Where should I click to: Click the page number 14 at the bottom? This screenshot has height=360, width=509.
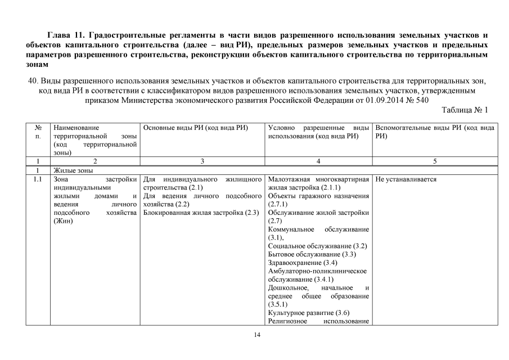coord(257,335)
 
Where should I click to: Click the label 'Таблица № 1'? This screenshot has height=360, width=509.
coord(465,110)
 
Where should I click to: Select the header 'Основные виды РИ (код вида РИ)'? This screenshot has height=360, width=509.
coord(196,128)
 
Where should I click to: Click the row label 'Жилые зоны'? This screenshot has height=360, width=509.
coord(73,170)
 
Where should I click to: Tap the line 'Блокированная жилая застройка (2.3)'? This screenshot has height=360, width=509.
coord(201,213)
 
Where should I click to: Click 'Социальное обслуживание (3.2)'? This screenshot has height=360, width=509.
coord(317,246)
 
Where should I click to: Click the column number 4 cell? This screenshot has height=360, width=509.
coord(318,161)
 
